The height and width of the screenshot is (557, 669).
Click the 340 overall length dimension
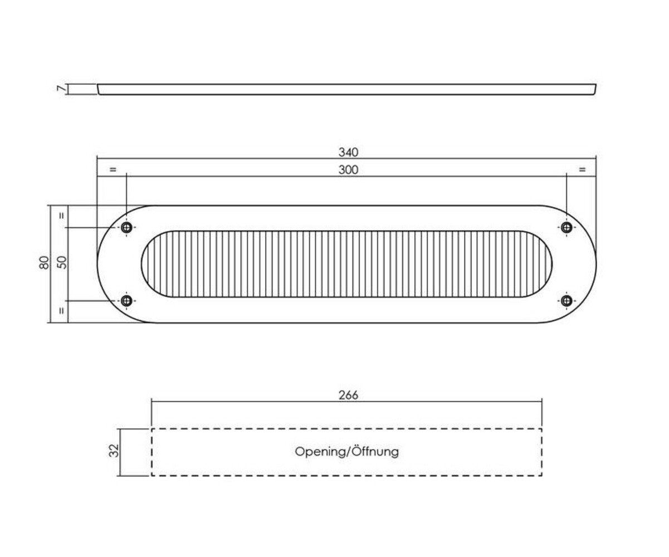pos(348,152)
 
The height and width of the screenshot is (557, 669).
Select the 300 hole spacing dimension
pos(348,170)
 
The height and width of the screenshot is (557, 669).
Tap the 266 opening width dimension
pos(348,395)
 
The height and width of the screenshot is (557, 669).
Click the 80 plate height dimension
pos(44,263)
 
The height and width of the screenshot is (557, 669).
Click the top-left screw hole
pos(127,227)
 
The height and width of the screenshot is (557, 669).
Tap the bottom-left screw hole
pos(127,301)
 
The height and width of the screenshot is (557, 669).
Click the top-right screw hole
pos(567,227)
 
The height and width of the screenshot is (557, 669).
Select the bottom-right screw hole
pos(567,301)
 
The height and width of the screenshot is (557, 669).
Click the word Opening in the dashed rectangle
pos(320,452)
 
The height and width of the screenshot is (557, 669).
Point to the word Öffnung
pos(375,451)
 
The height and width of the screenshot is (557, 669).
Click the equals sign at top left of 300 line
pos(113,169)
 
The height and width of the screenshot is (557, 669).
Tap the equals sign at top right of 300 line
pos(582,169)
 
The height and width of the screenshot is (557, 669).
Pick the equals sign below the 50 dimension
pos(62,311)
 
